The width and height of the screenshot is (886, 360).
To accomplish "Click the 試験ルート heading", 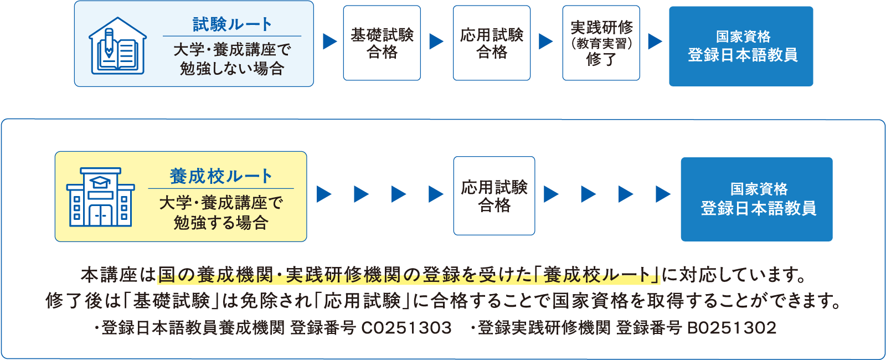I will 232,24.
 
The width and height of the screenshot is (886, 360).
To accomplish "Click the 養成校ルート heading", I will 221,176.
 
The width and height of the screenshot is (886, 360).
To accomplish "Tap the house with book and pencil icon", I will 118,46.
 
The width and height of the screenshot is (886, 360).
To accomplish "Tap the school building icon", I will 100,197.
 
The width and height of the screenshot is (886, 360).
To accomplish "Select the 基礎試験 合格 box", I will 382,43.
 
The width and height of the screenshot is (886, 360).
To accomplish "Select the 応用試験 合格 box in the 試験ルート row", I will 491,43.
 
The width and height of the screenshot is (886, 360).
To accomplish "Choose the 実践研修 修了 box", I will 601,43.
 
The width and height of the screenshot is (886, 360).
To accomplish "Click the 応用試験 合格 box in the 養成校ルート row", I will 494,196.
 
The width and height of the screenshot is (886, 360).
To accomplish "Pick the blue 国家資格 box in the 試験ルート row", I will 741,46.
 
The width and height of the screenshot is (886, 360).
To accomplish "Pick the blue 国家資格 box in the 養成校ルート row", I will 756,199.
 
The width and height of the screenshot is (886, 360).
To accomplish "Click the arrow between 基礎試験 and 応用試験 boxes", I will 436,42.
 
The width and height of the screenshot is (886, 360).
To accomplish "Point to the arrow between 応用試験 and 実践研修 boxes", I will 545,42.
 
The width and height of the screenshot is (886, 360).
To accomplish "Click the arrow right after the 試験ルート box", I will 329,42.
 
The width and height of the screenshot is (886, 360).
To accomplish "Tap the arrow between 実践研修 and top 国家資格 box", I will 655,42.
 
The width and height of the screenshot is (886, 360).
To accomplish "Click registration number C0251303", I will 406,328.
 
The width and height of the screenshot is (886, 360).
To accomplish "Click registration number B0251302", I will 732,328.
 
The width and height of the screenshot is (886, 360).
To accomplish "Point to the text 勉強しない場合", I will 232,69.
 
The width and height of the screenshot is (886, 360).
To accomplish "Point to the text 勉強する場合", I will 221,223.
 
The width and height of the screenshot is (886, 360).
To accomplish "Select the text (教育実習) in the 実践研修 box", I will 601,43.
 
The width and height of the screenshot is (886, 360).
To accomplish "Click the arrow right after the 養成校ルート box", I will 324,194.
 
